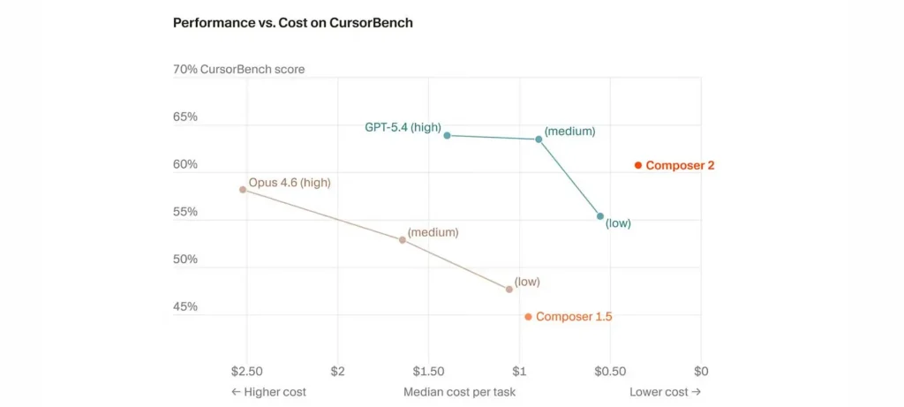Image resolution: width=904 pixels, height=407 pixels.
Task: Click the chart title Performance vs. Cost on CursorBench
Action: click(x=292, y=23)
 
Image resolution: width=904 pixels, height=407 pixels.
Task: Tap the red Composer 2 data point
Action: click(x=638, y=165)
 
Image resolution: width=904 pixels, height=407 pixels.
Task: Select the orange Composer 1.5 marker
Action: click(x=528, y=317)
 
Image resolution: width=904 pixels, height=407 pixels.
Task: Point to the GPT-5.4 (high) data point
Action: click(x=448, y=135)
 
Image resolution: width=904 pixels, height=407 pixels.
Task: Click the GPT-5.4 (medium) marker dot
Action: click(x=539, y=139)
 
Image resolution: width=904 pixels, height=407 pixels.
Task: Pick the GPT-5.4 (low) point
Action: click(x=600, y=216)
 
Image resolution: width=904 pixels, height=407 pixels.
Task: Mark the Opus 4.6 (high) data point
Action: click(x=243, y=190)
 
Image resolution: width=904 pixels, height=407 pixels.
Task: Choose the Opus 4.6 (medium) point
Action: click(x=403, y=240)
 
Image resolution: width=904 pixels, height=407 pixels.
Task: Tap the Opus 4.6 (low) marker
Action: click(x=509, y=289)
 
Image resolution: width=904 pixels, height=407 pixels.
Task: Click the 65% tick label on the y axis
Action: click(x=185, y=117)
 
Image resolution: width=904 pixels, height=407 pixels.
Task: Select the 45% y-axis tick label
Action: click(x=185, y=307)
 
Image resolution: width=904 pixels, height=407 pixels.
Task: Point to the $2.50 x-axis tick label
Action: click(x=246, y=371)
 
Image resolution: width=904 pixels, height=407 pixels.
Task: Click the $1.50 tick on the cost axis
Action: click(x=428, y=371)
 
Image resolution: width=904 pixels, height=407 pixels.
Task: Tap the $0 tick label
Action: click(x=702, y=371)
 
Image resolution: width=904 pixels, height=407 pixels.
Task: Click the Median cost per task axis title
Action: click(x=459, y=392)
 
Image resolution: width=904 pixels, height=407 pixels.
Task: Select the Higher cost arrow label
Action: click(x=268, y=392)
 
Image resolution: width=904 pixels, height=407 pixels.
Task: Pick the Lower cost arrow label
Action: click(x=665, y=392)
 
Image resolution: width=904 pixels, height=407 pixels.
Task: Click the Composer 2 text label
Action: click(x=680, y=165)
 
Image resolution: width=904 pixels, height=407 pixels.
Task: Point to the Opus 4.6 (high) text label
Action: click(x=289, y=183)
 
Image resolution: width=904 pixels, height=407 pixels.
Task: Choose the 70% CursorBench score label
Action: click(x=238, y=70)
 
